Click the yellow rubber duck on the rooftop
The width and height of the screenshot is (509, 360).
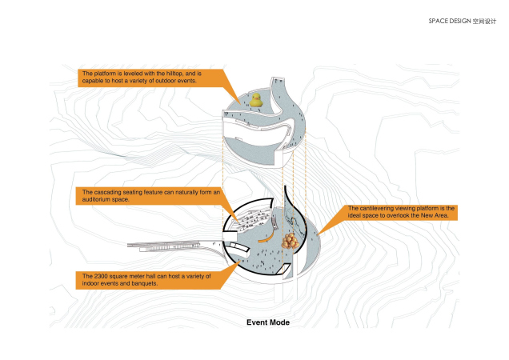pos(255,100)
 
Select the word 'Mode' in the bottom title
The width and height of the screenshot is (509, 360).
pos(280,323)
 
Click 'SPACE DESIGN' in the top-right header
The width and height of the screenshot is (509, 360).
pos(451,20)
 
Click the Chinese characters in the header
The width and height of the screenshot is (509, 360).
pos(485,20)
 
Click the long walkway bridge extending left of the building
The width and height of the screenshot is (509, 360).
pos(172,245)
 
